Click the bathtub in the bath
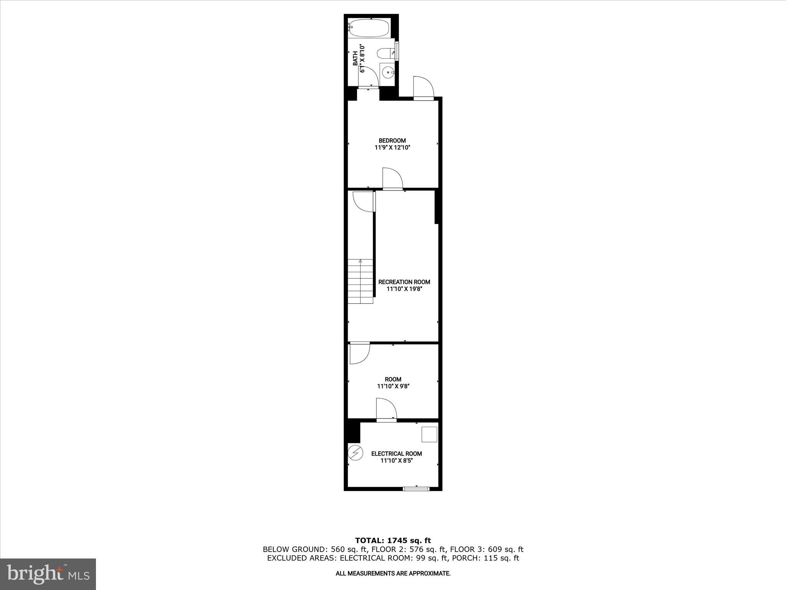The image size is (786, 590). [369, 28]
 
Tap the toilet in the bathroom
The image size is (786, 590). [384, 53]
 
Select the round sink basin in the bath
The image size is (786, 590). [388, 71]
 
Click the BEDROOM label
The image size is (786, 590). [392, 141]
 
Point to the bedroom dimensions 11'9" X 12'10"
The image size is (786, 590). [393, 147]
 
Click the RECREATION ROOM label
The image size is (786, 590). [404, 282]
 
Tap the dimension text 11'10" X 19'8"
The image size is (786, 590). [404, 289]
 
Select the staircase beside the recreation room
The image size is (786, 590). [360, 281]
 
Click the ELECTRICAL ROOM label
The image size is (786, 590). [396, 454]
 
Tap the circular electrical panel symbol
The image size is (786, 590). [355, 452]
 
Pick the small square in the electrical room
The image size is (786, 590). [429, 434]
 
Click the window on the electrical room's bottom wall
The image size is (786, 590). [416, 489]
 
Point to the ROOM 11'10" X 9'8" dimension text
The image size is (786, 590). [393, 386]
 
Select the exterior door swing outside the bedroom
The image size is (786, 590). [423, 88]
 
